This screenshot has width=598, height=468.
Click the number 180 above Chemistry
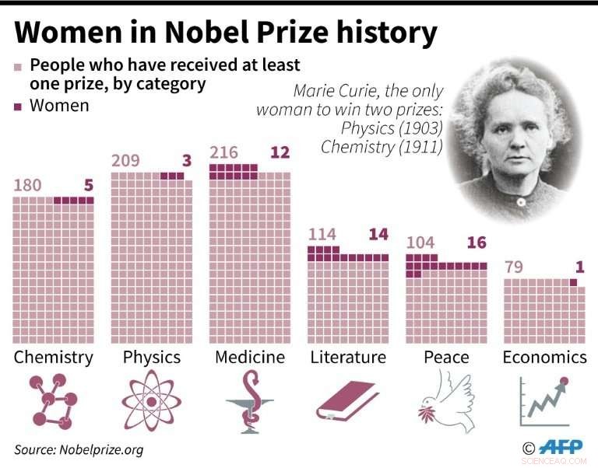(28, 185)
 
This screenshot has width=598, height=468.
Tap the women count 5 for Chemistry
(88, 185)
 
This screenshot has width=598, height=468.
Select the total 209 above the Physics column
(127, 161)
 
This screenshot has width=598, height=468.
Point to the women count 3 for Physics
(186, 161)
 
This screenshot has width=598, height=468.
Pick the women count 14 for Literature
(378, 234)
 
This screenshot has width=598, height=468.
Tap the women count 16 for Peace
(476, 243)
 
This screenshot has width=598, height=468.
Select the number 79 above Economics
(514, 267)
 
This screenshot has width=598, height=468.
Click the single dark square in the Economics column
(573, 283)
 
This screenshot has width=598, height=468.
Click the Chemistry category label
(53, 358)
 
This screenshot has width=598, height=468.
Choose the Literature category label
(348, 358)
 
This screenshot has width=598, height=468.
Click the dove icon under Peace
(446, 398)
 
